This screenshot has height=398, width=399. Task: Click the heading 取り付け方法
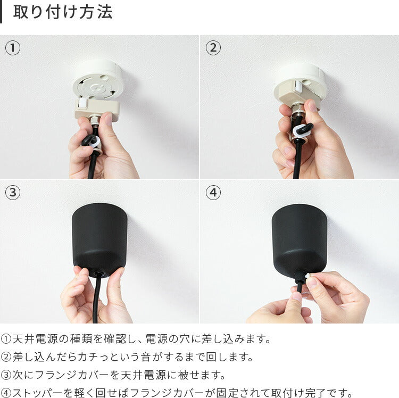click(63, 12)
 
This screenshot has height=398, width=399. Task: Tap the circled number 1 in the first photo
click(12, 48)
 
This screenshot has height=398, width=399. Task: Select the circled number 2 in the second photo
click(213, 48)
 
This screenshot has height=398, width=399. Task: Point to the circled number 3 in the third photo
click(12, 193)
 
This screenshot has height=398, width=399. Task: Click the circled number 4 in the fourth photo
click(213, 193)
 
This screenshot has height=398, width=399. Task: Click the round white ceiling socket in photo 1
click(99, 81)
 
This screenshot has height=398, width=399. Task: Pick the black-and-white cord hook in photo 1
click(91, 142)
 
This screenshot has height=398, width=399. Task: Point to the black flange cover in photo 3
click(99, 240)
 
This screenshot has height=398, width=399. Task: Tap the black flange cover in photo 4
click(299, 239)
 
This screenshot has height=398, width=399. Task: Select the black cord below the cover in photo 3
click(96, 300)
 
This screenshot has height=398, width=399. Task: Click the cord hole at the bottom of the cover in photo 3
click(98, 274)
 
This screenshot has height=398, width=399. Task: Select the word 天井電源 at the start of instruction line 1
click(35, 339)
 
